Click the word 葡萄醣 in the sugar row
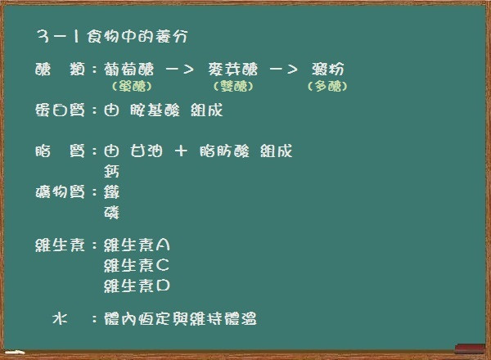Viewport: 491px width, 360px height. pyautogui.click(x=129, y=70)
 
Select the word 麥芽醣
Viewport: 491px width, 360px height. pyautogui.click(x=233, y=70)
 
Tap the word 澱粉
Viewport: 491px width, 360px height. pyautogui.click(x=328, y=70)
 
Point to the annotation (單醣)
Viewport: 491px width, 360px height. pyautogui.click(x=132, y=86)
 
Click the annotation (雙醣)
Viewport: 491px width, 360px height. pyautogui.click(x=233, y=86)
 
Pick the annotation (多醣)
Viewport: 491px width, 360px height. pyautogui.click(x=327, y=86)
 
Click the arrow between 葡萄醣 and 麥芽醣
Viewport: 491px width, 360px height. pyautogui.click(x=179, y=70)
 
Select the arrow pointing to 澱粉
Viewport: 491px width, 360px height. pyautogui.click(x=283, y=70)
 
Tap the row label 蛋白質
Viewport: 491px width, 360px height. pyautogui.click(x=60, y=110)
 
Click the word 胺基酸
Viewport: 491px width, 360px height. pyautogui.click(x=155, y=110)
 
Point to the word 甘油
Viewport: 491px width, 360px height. pyautogui.click(x=146, y=151)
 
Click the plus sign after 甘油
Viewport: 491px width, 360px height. pyautogui.click(x=181, y=151)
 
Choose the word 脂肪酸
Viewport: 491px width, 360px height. pyautogui.click(x=224, y=151)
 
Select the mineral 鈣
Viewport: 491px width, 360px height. pyautogui.click(x=112, y=172)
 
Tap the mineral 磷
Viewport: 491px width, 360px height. pyautogui.click(x=112, y=213)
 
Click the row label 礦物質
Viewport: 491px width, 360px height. pyautogui.click(x=60, y=192)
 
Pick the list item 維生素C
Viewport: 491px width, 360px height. pyautogui.click(x=137, y=265)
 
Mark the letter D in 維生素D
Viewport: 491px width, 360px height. pyautogui.click(x=163, y=286)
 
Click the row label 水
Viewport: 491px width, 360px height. pyautogui.click(x=60, y=318)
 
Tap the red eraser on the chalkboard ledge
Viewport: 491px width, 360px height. pyautogui.click(x=470, y=349)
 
